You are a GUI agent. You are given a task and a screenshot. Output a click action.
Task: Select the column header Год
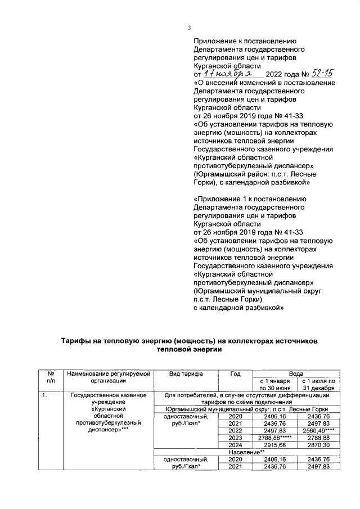(x=235, y=373)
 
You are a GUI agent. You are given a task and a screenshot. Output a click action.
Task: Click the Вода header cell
(x=295, y=373)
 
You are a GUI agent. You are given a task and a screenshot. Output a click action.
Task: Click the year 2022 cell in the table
(x=235, y=430)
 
